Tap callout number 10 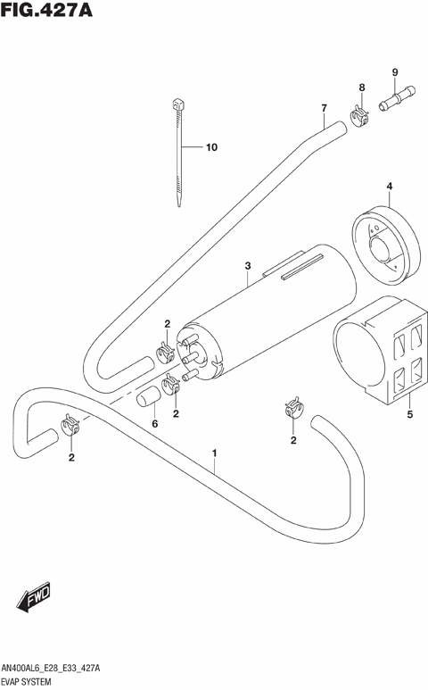tap(211, 147)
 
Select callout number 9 tap(393, 71)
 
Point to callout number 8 tap(362, 87)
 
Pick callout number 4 tap(390, 187)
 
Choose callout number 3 tap(249, 265)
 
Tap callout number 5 tap(409, 414)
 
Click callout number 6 tap(154, 423)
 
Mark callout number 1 tap(214, 453)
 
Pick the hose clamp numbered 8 tap(360, 115)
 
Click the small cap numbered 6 tap(145, 398)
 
